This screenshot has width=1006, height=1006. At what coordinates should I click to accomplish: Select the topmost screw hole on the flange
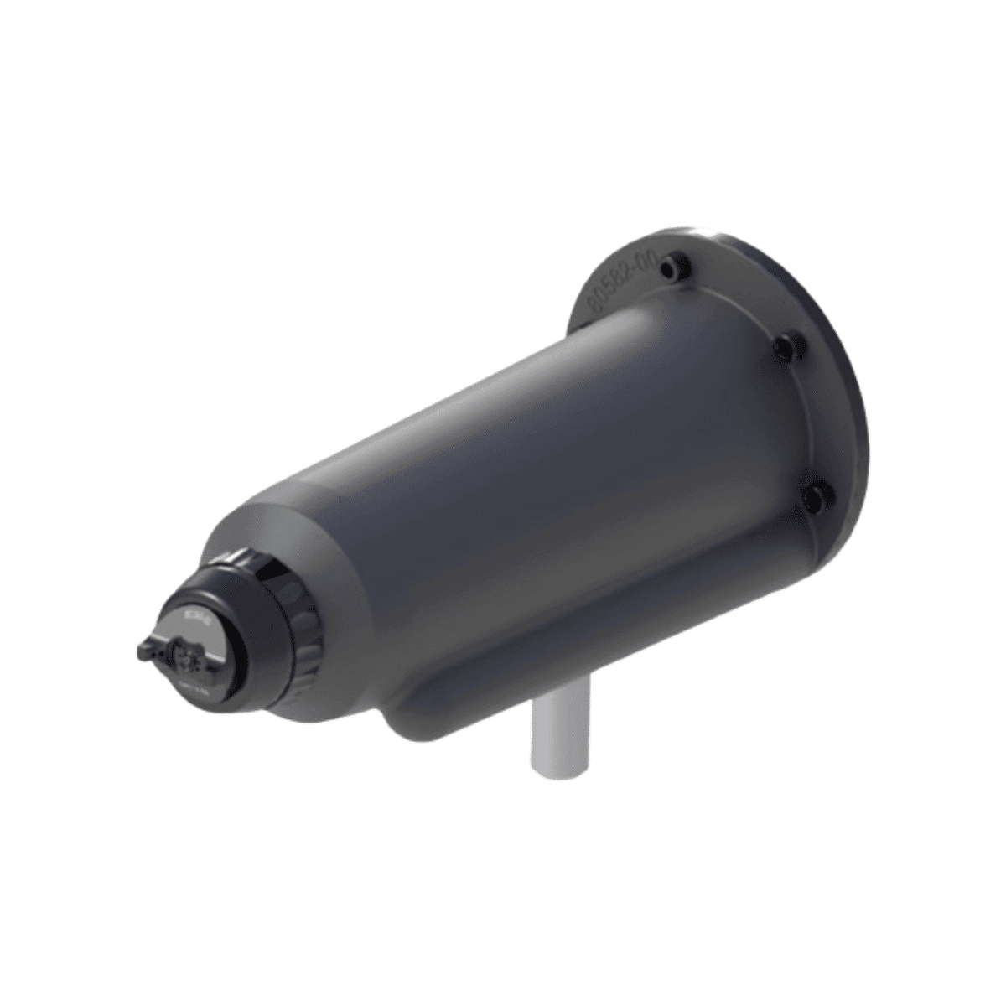tap(670, 269)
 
